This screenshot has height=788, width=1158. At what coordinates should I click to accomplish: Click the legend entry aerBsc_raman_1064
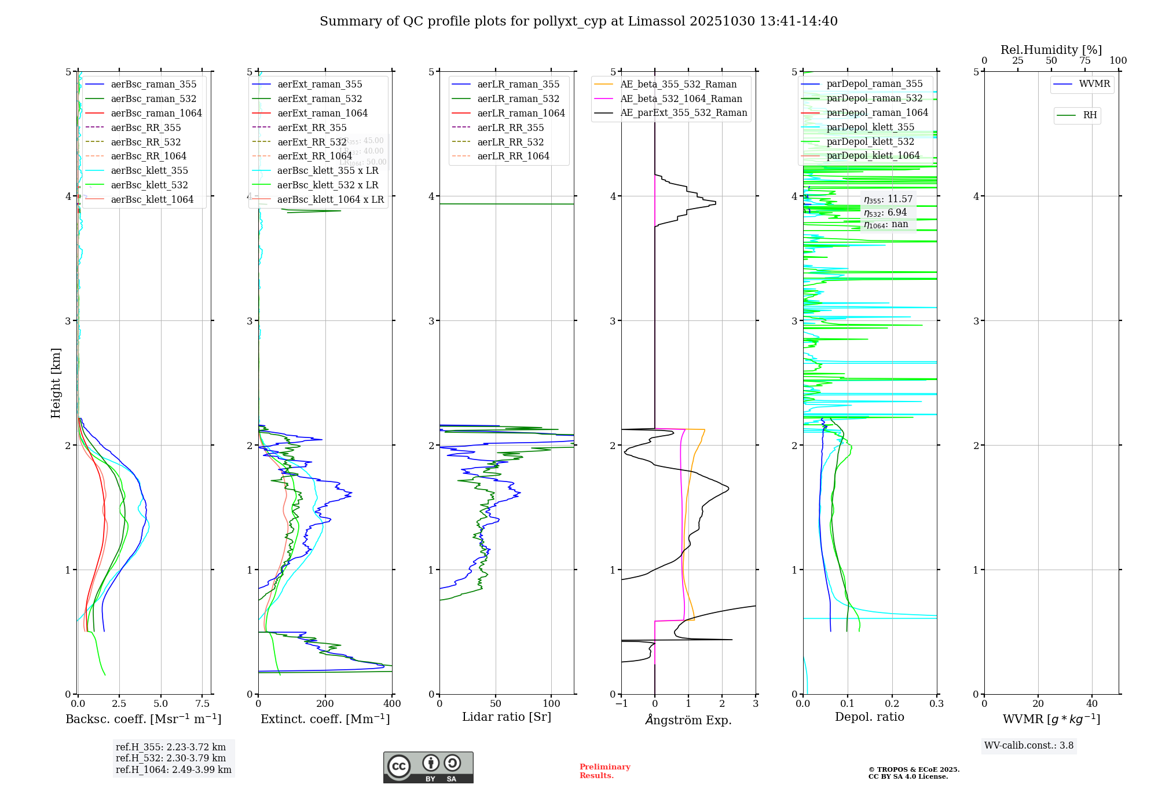[x=156, y=113]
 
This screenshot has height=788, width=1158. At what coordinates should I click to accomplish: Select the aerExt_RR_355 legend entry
[x=312, y=127]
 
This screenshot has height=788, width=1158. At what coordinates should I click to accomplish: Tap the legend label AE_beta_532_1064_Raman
[x=681, y=99]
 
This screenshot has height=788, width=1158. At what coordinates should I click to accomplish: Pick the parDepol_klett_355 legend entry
[x=870, y=127]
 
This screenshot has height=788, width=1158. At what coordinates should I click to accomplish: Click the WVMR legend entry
[x=1094, y=84]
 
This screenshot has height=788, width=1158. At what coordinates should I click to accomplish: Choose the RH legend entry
[x=1090, y=115]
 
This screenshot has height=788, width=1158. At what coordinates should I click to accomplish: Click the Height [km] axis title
[x=56, y=383]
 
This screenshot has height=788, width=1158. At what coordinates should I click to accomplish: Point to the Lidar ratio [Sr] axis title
[x=507, y=717]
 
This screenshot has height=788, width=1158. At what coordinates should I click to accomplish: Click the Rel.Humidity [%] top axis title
[x=1051, y=50]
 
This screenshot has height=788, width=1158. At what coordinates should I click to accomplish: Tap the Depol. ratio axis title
[x=869, y=717]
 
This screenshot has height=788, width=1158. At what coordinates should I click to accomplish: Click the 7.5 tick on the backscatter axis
[x=202, y=703]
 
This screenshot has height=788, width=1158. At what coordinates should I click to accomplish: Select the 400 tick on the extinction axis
[x=392, y=703]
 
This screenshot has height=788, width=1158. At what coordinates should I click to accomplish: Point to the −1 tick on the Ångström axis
[x=621, y=703]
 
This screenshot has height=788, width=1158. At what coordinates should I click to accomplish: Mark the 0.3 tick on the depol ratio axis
[x=936, y=703]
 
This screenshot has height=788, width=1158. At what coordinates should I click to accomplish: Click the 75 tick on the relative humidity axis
[x=1084, y=60]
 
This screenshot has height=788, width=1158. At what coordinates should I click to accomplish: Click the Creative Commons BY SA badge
[x=428, y=767]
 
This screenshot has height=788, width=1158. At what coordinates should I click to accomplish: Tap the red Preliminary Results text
[x=604, y=771]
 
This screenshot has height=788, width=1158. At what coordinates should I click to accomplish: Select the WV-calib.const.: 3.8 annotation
[x=1029, y=746]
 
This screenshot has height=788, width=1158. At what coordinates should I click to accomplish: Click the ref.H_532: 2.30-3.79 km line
[x=171, y=758]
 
